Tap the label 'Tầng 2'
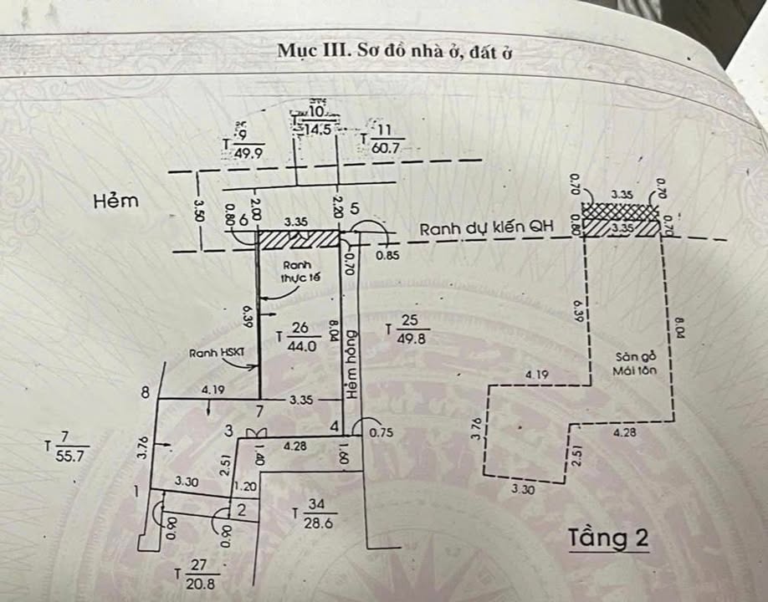(608, 538)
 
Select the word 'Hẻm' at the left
(115, 201)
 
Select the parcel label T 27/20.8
(197, 574)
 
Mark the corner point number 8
(147, 390)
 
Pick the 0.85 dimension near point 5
(387, 256)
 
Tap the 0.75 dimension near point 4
(381, 432)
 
